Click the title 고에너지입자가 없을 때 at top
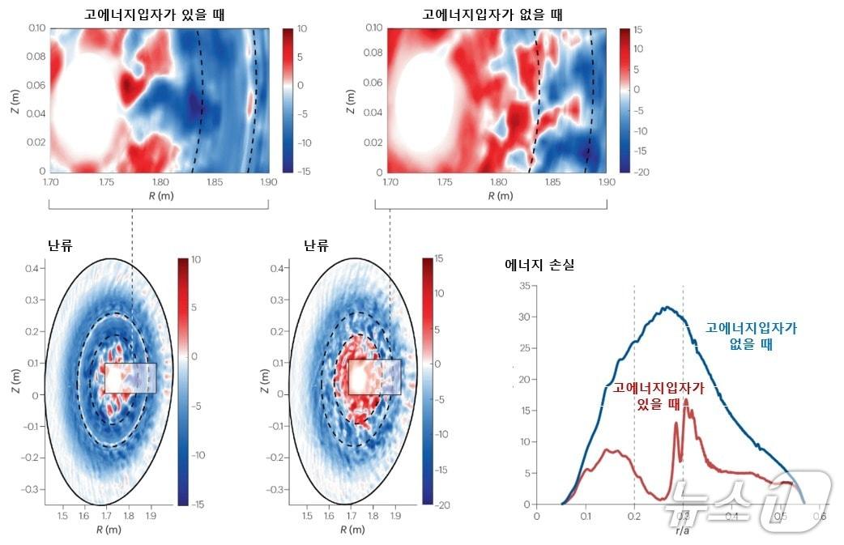[493, 14]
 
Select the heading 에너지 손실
[539, 264]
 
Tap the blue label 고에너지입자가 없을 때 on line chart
[751, 335]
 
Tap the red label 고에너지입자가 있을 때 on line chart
[659, 395]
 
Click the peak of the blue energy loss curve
[666, 308]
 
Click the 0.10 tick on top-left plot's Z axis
[36, 28]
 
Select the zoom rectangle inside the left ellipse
[130, 378]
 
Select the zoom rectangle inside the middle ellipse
[375, 377]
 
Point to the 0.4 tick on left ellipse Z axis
[33, 268]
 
